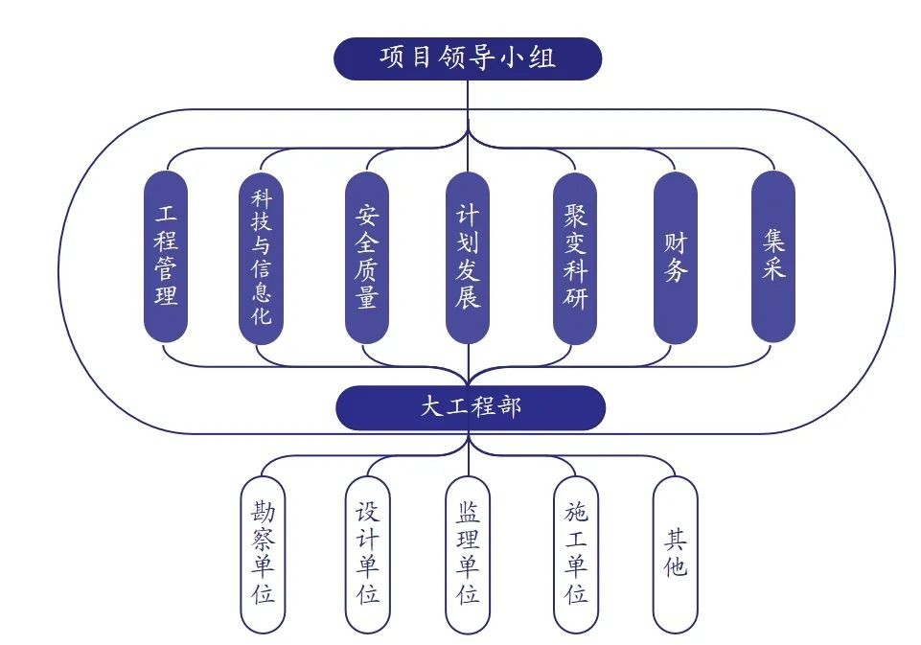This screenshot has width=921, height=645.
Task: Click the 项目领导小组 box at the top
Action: pyautogui.click(x=467, y=58)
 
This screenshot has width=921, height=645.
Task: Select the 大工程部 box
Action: pyautogui.click(x=470, y=406)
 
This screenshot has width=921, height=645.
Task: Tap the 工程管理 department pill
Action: pyautogui.click(x=166, y=256)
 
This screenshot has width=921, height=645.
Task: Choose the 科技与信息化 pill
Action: pyautogui.click(x=261, y=256)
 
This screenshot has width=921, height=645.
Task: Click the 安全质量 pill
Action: pyautogui.click(x=366, y=256)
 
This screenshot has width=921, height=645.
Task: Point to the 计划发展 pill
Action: pyautogui.click(x=468, y=256)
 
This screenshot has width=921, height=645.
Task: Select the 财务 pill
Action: pyautogui.click(x=675, y=256)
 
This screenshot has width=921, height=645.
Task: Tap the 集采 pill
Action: pyautogui.click(x=773, y=256)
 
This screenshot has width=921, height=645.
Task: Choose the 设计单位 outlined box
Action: pyautogui.click(x=368, y=553)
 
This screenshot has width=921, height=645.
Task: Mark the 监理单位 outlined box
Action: pyautogui.click(x=468, y=553)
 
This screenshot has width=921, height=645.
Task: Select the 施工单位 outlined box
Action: pyautogui.click(x=576, y=553)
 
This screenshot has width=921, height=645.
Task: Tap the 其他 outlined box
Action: pyautogui.click(x=675, y=553)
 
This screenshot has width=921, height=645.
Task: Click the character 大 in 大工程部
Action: pyautogui.click(x=431, y=406)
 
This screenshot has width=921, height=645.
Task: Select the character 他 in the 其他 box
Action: pyautogui.click(x=675, y=566)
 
